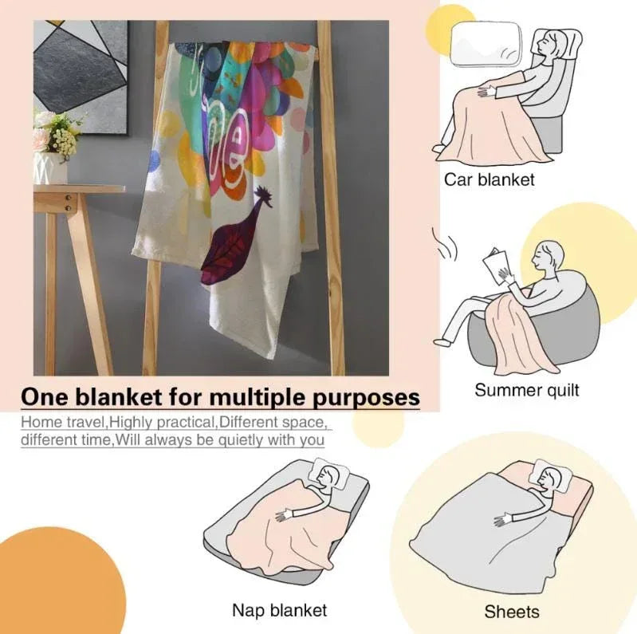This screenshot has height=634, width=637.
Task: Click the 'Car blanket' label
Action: click(x=490, y=179)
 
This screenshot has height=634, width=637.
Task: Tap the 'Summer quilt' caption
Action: click(x=526, y=390)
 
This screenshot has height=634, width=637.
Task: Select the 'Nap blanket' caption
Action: click(x=280, y=610)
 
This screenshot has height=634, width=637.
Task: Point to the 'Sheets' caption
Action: click(x=512, y=612)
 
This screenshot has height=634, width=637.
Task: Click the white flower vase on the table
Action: click(x=50, y=167)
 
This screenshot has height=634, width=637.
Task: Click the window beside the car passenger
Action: click(x=486, y=44)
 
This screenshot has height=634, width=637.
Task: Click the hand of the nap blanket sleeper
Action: click(x=283, y=515)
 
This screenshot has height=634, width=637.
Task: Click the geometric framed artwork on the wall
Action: click(x=80, y=76)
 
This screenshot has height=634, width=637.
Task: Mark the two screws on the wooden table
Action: click(x=69, y=203)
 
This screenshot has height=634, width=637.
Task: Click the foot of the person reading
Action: click(x=442, y=341)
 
